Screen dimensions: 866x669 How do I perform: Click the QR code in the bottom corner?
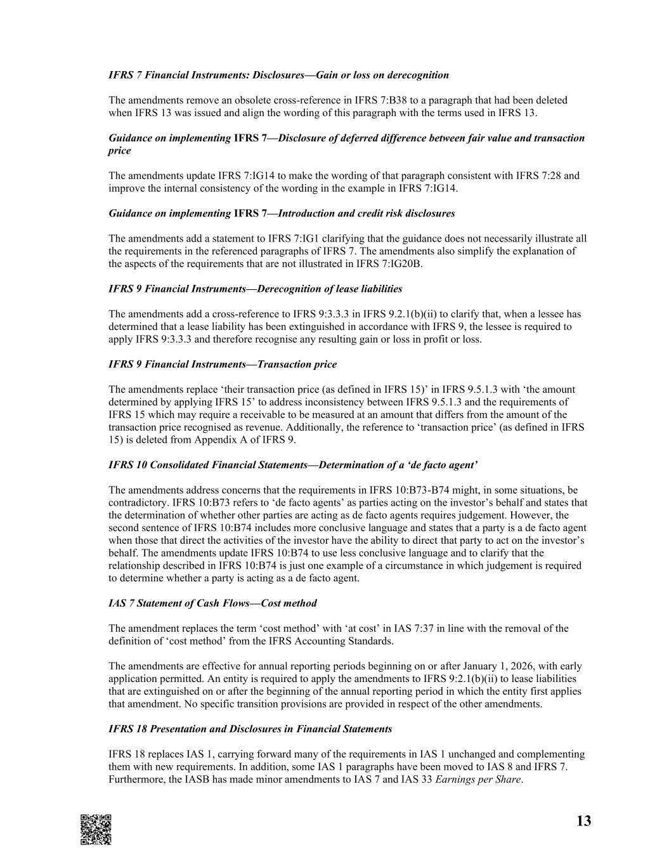[x=96, y=829]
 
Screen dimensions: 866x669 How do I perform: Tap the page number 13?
[x=583, y=822]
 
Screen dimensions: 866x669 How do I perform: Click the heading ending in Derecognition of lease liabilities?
[x=255, y=289]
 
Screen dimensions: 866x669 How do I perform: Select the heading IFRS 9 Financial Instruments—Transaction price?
[x=223, y=365]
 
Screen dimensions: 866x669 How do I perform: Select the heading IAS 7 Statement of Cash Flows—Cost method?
[x=212, y=603]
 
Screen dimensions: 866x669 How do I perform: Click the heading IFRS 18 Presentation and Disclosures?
[x=250, y=729]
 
